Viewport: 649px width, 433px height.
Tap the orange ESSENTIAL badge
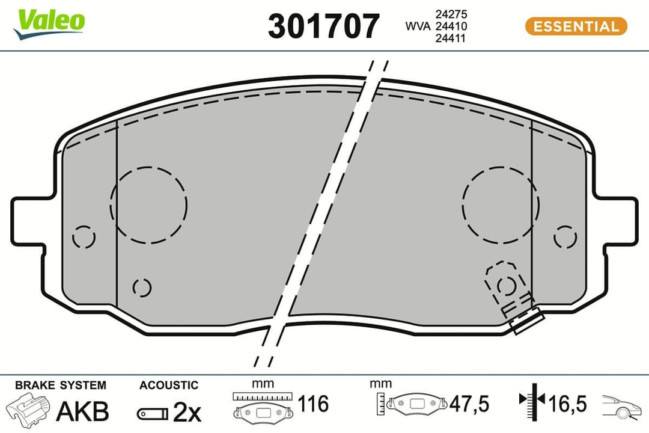point(576,26)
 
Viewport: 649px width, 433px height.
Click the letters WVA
point(419,26)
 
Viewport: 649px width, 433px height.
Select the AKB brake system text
point(82,411)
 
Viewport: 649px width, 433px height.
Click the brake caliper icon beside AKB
point(28,411)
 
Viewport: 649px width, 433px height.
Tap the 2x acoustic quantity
point(187,412)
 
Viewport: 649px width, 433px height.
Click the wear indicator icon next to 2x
point(153,413)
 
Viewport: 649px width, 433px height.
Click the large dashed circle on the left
point(148,204)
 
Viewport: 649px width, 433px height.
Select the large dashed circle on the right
point(500,204)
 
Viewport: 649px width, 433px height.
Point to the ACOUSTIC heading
point(168,385)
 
